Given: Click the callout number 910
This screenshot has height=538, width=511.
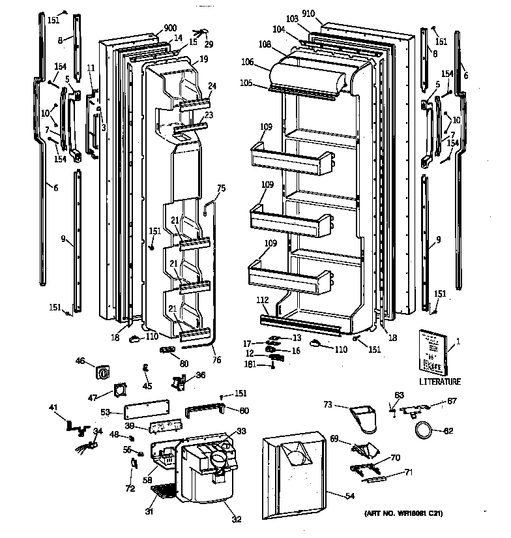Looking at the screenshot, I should click(327, 14).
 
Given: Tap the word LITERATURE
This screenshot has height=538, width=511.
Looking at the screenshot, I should click(439, 381).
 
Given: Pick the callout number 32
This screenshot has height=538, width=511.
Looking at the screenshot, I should click(237, 520).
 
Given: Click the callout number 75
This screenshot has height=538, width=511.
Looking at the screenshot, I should click(221, 188).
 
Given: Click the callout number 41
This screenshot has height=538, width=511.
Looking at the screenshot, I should click(53, 408).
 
